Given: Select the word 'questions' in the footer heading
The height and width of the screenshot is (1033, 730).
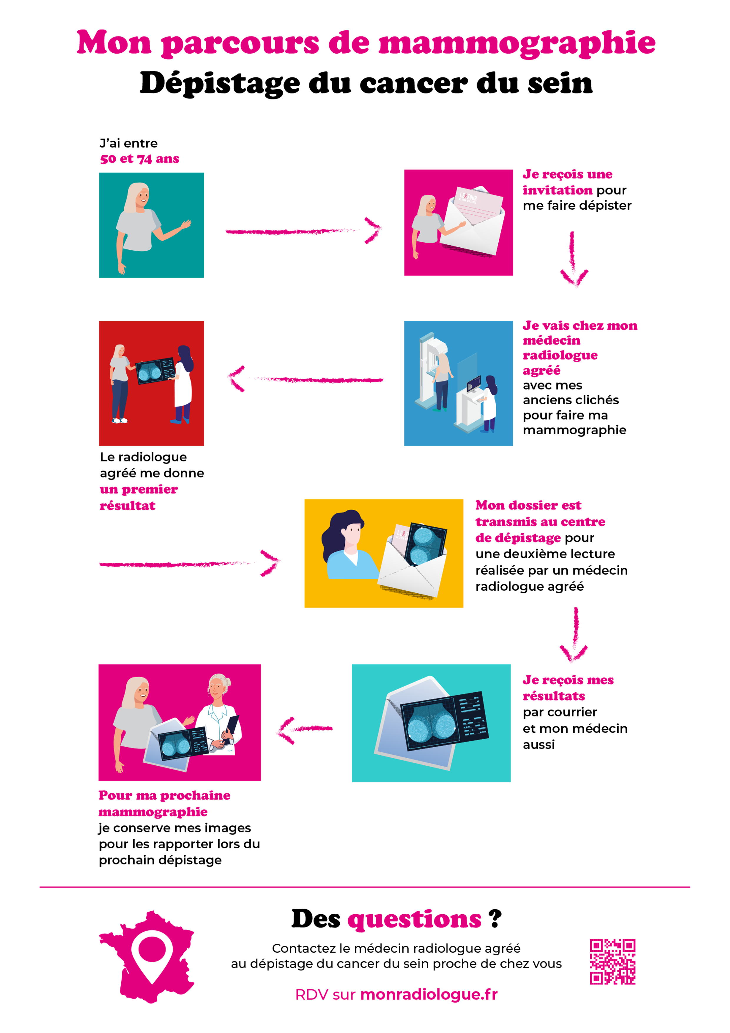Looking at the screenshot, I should tap(414, 919).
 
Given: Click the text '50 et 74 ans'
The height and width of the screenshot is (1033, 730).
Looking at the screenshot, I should tap(140, 159).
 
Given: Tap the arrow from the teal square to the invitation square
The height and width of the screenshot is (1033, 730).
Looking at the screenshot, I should tap(303, 231).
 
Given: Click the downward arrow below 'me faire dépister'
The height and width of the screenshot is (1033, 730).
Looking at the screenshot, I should tap(573, 259).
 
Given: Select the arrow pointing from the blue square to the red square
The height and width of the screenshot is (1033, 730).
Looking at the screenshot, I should tap(306, 379).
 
